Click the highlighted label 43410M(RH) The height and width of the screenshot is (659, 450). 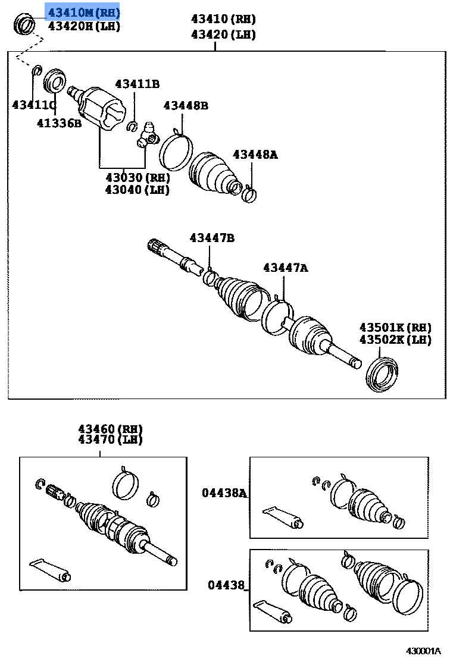click(x=83, y=12)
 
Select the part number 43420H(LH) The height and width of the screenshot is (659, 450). click(x=83, y=26)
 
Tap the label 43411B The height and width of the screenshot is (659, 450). click(x=137, y=84)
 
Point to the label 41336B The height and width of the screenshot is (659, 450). click(x=58, y=123)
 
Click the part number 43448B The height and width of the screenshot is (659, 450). click(x=186, y=106)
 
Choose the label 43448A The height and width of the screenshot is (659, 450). click(x=255, y=155)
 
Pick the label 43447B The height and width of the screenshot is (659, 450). click(x=212, y=238)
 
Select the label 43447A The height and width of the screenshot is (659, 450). click(x=286, y=268)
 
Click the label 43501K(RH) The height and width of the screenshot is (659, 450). click(x=395, y=327)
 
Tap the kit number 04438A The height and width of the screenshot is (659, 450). click(x=224, y=492)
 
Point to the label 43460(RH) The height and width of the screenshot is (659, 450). click(x=110, y=428)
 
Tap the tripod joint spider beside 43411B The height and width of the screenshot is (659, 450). click(x=147, y=136)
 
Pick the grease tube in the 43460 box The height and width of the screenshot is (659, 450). click(x=50, y=569)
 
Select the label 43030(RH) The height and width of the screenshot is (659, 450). click(x=137, y=177)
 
